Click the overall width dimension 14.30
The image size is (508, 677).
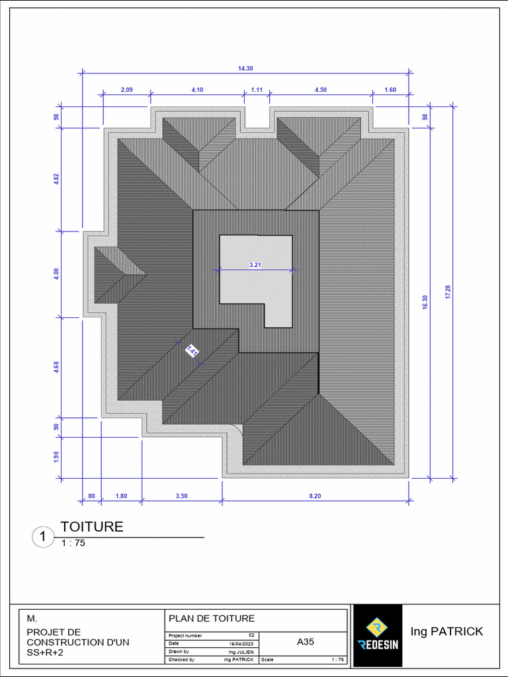245,68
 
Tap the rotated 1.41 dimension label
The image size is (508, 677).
192,351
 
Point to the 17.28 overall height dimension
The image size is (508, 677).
448,292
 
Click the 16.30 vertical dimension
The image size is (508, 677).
425,301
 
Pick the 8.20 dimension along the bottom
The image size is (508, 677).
315,496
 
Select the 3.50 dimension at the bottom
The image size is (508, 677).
182,496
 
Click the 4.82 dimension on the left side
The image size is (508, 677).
56,180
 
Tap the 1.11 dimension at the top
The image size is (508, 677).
257,90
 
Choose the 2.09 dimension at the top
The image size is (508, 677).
126,90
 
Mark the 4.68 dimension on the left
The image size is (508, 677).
56,367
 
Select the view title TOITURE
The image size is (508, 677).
92,527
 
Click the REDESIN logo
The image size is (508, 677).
377,635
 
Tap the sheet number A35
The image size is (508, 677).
305,641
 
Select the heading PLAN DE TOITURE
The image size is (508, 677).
212,619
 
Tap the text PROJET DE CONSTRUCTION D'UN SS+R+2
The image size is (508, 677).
78,642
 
